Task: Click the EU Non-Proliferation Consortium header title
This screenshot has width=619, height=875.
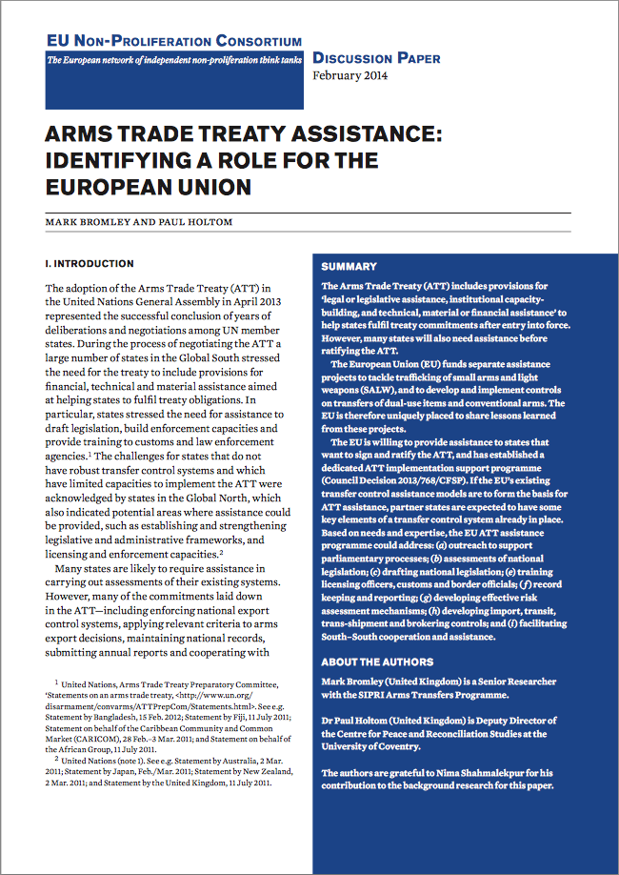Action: pos(174,41)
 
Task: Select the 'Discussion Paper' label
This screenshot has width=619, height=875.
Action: pos(376,58)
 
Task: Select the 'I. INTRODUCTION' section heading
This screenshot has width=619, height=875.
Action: pos(90,263)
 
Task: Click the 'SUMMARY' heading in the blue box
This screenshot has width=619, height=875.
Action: pos(349,267)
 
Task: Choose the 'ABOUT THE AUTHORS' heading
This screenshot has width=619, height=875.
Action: pos(377,661)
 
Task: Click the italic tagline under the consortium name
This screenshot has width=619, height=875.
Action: pos(174,61)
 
